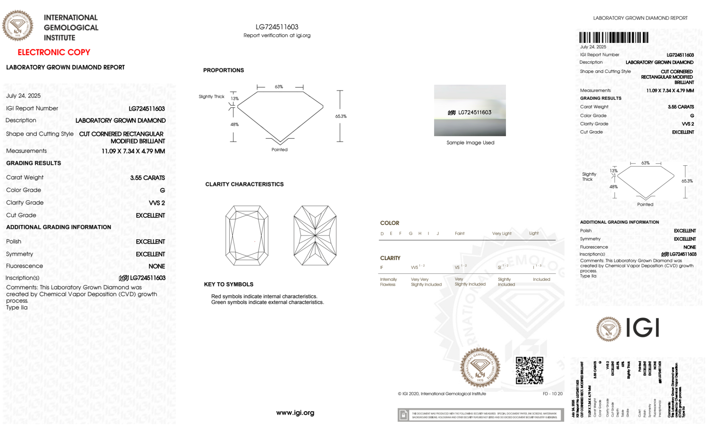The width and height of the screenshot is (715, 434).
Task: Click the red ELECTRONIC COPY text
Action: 54,52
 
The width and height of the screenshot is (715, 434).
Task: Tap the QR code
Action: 529,370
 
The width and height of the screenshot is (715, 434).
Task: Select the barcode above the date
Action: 614,38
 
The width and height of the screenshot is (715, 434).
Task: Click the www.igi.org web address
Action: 295,413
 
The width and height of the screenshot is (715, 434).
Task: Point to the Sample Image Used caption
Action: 470,143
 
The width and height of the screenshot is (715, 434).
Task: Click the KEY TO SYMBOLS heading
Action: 229,284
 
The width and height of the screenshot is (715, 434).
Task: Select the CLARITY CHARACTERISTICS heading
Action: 244,184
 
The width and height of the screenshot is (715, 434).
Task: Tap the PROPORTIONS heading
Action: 224,70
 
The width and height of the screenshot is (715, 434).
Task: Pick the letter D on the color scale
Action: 382,234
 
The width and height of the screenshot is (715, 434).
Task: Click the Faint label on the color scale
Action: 460,234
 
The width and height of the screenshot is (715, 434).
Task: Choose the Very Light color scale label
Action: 502,234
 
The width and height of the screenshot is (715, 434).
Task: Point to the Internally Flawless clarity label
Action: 388,282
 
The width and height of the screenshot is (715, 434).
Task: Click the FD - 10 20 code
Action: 552,394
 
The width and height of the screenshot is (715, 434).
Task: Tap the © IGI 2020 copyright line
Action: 442,394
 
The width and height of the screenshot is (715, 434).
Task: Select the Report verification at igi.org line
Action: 277,35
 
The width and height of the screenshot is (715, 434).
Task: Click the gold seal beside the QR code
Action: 480,368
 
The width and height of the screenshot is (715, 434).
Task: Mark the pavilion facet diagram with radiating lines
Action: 315,235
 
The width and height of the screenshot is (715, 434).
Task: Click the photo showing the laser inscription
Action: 470,110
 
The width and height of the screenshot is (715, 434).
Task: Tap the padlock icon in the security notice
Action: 403,415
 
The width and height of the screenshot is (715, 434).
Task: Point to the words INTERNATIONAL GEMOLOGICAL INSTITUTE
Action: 71,28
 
